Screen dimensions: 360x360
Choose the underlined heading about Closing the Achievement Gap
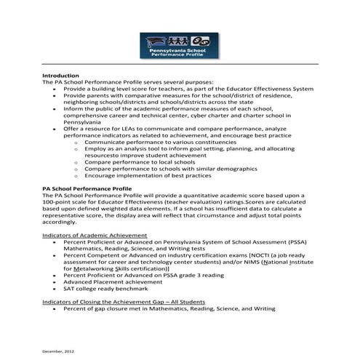click(x=123, y=302)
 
